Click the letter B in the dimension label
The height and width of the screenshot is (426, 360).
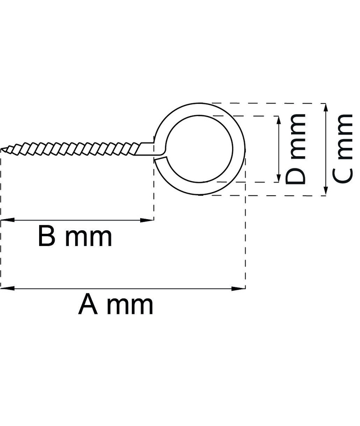46,237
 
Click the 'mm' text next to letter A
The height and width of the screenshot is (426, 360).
130,305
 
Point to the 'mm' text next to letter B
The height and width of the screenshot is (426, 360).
89,237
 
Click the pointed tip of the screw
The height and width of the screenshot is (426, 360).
2,149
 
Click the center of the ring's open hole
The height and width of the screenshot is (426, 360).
200,149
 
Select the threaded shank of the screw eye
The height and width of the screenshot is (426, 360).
73,147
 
